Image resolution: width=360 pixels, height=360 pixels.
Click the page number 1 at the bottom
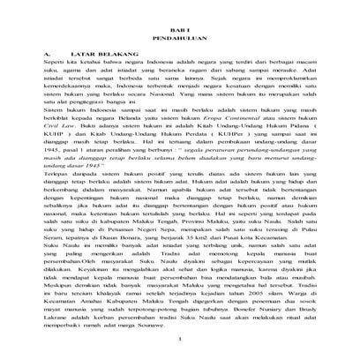pos(179,338)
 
